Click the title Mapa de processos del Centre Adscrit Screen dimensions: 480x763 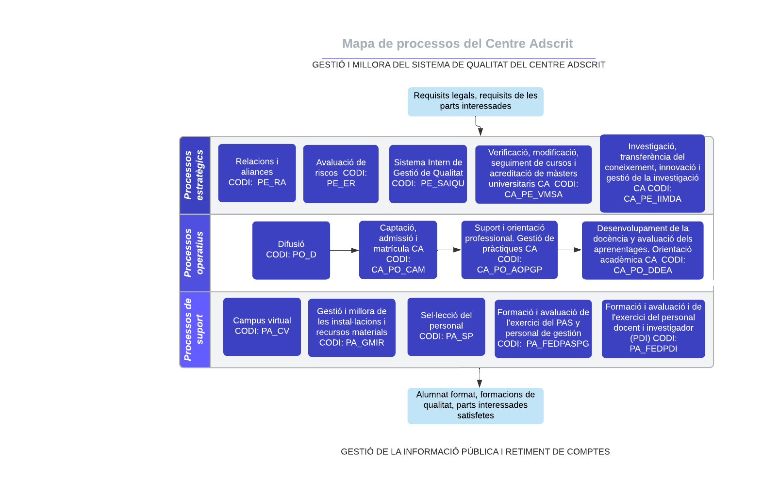tap(457, 44)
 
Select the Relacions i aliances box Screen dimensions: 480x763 tap(257, 173)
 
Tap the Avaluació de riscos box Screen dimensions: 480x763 tap(341, 174)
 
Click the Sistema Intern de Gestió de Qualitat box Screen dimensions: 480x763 tap(428, 174)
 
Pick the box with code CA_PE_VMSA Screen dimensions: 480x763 tap(533, 174)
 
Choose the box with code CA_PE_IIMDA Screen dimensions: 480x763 tap(652, 173)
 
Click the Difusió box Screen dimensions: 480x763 tap(291, 250)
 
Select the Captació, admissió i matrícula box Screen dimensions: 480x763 tap(398, 250)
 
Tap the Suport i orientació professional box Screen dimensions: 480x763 tap(509, 250)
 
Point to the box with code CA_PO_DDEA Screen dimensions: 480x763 tap(642, 250)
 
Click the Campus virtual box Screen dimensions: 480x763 tap(262, 326)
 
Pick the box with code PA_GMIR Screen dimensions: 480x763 tap(351, 327)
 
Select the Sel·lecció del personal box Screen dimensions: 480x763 tap(446, 326)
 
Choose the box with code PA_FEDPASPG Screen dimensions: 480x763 tap(543, 329)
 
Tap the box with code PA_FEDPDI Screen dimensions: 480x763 tap(653, 328)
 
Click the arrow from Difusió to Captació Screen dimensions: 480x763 tap(344, 251)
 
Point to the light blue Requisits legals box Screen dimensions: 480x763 tap(475, 101)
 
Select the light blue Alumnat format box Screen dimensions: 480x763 tap(475, 405)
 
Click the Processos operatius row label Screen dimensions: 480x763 tap(194, 253)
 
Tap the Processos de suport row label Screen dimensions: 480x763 tap(194, 330)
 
